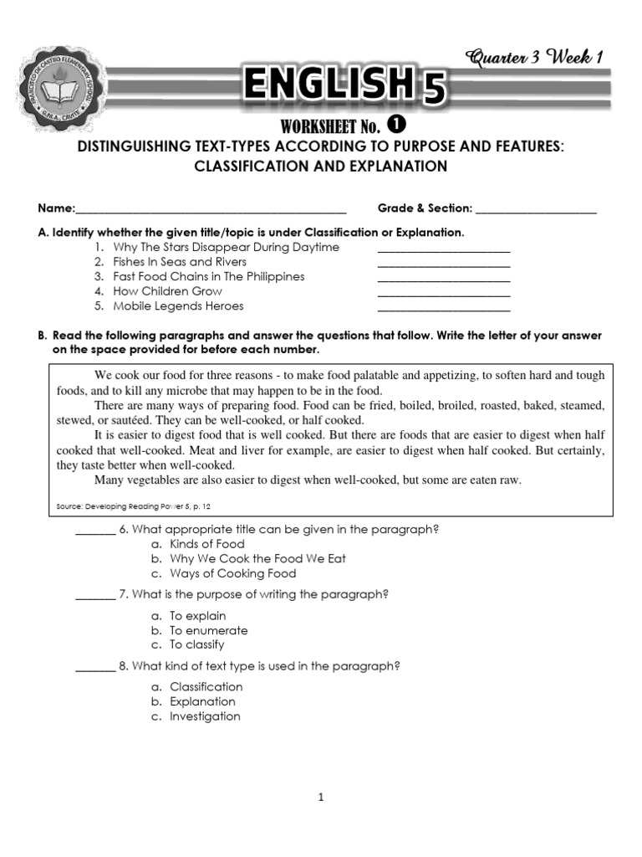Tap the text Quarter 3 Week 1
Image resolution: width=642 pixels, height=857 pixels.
click(535, 57)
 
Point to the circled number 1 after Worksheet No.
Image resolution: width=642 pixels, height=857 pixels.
click(397, 125)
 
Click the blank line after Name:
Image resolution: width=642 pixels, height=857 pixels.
click(211, 209)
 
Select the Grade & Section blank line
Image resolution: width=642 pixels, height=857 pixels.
click(536, 209)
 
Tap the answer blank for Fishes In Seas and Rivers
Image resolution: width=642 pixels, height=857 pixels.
click(444, 264)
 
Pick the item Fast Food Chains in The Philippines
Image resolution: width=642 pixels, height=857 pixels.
click(209, 277)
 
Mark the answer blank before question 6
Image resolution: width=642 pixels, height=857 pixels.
click(94, 531)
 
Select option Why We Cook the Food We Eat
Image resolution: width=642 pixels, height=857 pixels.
click(257, 559)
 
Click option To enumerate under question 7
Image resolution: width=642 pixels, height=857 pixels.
click(208, 631)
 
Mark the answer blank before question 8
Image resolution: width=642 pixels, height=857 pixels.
click(94, 668)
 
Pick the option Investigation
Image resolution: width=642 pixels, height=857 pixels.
click(205, 717)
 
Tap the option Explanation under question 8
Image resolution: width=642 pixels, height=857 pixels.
click(202, 702)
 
